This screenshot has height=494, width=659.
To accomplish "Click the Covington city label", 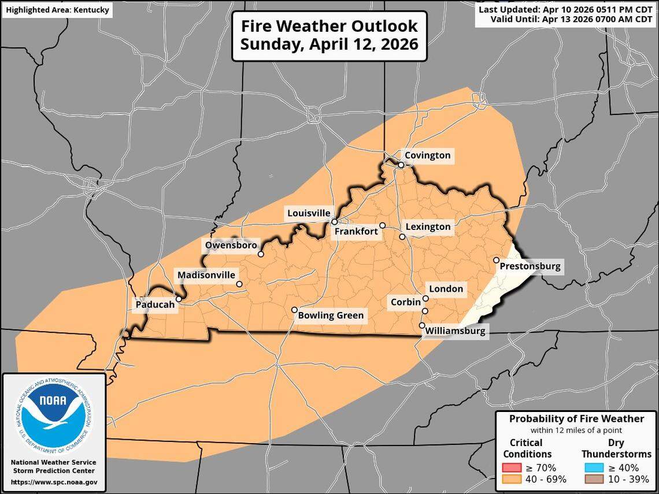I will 427,155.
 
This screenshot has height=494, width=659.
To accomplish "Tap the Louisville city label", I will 309,213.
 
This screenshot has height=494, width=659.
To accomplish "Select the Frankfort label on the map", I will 356,232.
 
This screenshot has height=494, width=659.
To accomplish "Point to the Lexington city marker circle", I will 402,236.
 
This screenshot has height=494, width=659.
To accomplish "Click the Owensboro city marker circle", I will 261,254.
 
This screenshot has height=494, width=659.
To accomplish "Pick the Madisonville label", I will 206,275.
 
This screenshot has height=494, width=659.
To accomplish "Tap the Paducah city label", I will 154,304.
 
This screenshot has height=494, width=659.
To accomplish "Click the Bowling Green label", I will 330,315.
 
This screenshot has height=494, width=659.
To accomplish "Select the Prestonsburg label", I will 530,266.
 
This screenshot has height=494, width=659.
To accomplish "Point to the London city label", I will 445,289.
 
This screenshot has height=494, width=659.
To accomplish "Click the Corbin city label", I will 405,302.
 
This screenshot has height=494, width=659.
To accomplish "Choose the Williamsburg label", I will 454,332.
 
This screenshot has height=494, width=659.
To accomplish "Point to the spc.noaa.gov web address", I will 54,482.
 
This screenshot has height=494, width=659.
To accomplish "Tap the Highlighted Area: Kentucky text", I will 57,10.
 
